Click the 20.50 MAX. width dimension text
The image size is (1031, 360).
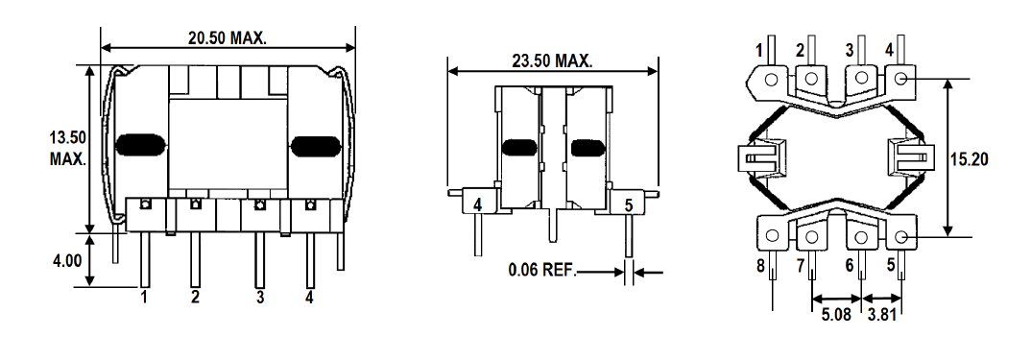pyautogui.click(x=227, y=38)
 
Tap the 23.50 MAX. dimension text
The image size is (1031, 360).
pyautogui.click(x=552, y=61)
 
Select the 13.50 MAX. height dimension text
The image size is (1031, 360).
pyautogui.click(x=68, y=148)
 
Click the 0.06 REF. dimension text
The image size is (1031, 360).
pyautogui.click(x=541, y=270)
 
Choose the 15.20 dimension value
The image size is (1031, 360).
pyautogui.click(x=970, y=159)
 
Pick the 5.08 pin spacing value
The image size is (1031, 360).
pyautogui.click(x=836, y=315)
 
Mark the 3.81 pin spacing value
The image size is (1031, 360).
pyautogui.click(x=882, y=315)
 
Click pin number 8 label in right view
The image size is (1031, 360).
pyautogui.click(x=760, y=266)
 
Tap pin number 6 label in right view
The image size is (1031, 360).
pyautogui.click(x=850, y=266)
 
